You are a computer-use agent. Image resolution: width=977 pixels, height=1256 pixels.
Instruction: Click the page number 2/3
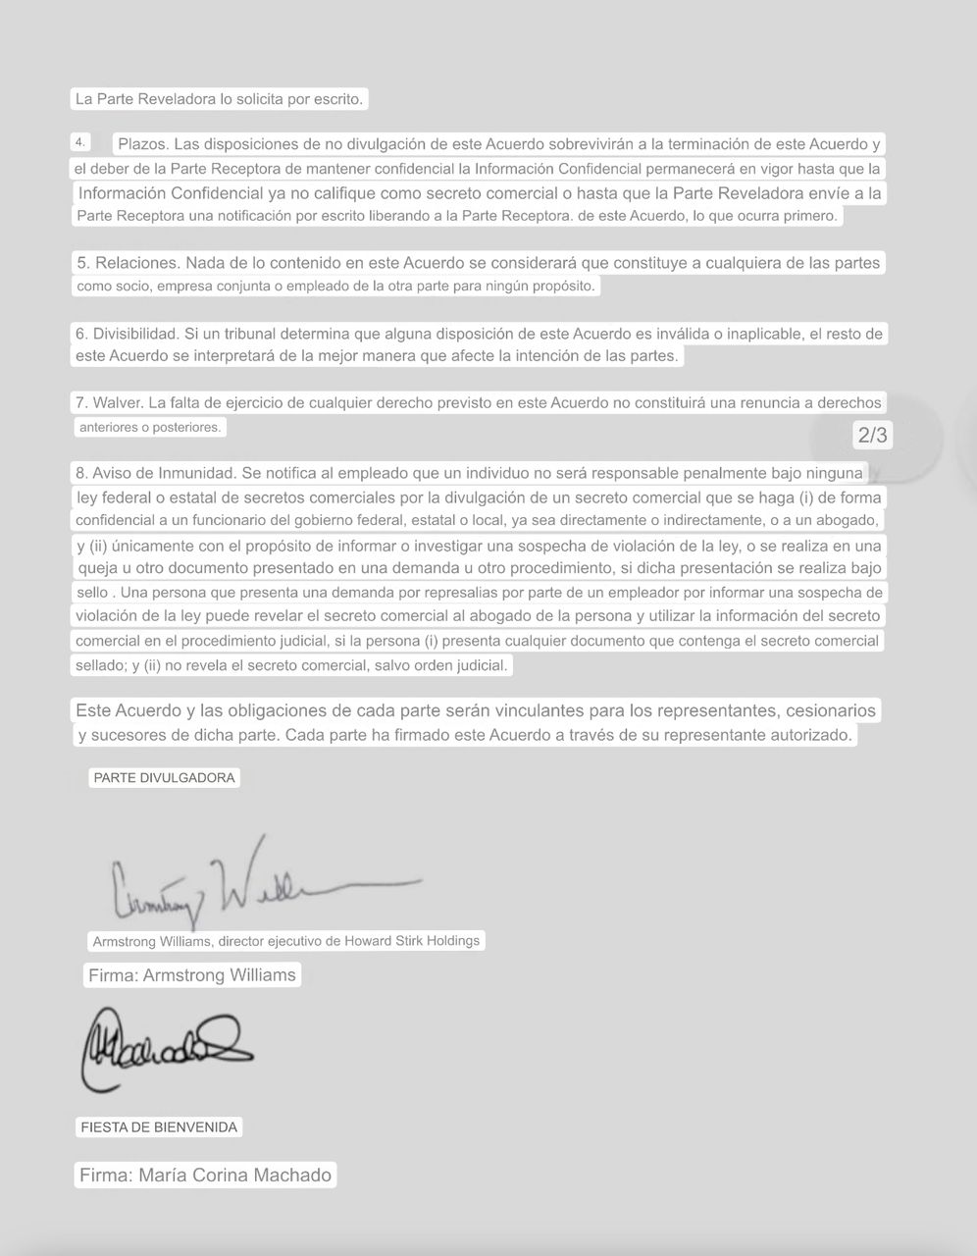pos(872,435)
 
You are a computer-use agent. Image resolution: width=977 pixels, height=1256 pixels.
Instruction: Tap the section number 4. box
pos(81,141)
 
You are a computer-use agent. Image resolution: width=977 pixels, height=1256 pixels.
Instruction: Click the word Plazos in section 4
pos(142,144)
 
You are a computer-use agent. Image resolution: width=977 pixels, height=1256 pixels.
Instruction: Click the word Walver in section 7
pos(117,402)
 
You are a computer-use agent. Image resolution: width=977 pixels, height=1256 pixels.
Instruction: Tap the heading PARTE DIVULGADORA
pos(164,777)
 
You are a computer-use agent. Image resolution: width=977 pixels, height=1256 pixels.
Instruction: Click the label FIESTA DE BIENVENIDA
pos(159,1127)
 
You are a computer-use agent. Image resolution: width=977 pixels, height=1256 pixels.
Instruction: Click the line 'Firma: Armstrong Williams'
pos(192,974)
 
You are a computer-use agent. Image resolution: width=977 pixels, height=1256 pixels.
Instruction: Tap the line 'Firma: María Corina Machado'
pos(206,1175)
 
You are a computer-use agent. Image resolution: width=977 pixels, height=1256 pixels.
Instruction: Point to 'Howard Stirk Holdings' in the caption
pos(412,940)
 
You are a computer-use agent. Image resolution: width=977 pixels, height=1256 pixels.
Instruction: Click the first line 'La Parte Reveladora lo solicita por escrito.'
pos(220,99)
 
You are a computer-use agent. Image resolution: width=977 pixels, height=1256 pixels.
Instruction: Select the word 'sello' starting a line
pos(94,593)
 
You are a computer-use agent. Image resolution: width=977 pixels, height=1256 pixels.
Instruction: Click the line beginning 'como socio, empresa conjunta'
pos(335,287)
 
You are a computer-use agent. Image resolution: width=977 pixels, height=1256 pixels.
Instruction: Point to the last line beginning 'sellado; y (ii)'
pos(292,665)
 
